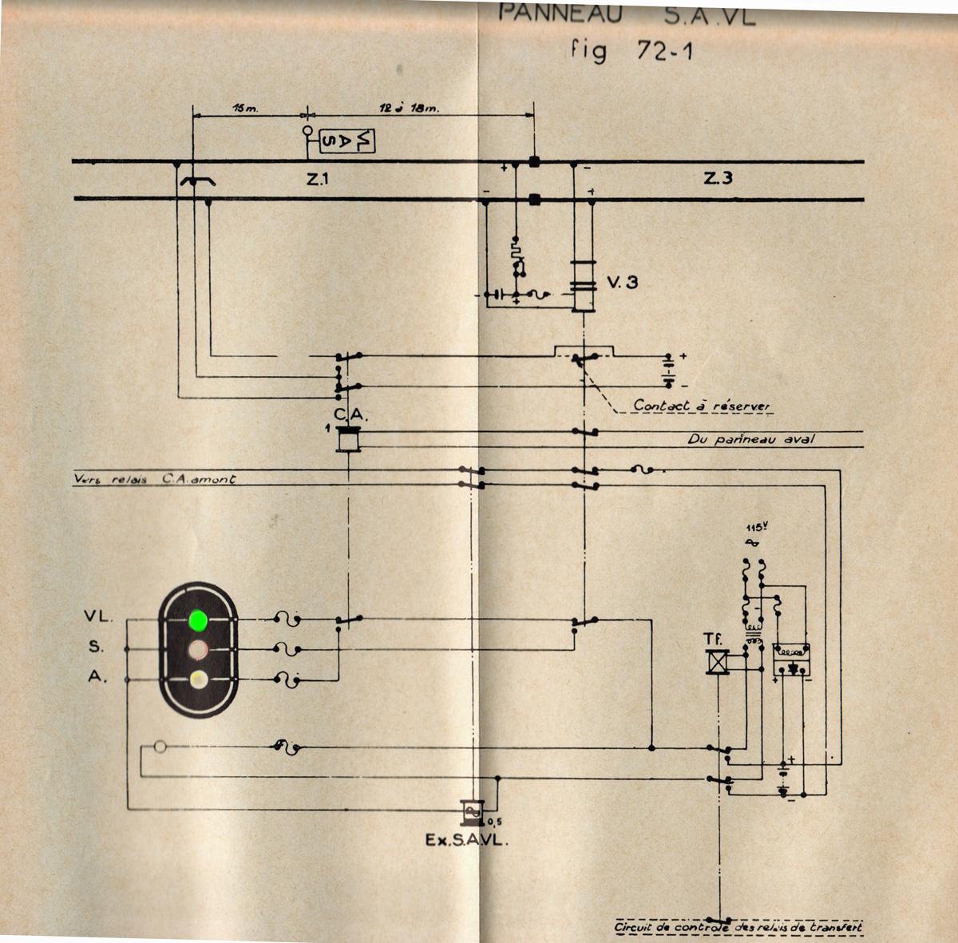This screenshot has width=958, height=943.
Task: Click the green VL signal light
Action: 196,619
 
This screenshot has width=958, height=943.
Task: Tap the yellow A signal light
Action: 196,680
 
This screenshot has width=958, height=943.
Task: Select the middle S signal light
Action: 196,649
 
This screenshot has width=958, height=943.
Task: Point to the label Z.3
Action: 718,180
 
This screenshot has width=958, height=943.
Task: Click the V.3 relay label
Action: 621,282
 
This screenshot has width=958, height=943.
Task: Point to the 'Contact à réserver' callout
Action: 703,406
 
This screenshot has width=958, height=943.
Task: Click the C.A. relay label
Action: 349,414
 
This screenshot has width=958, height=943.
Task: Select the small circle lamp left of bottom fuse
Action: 160,747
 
